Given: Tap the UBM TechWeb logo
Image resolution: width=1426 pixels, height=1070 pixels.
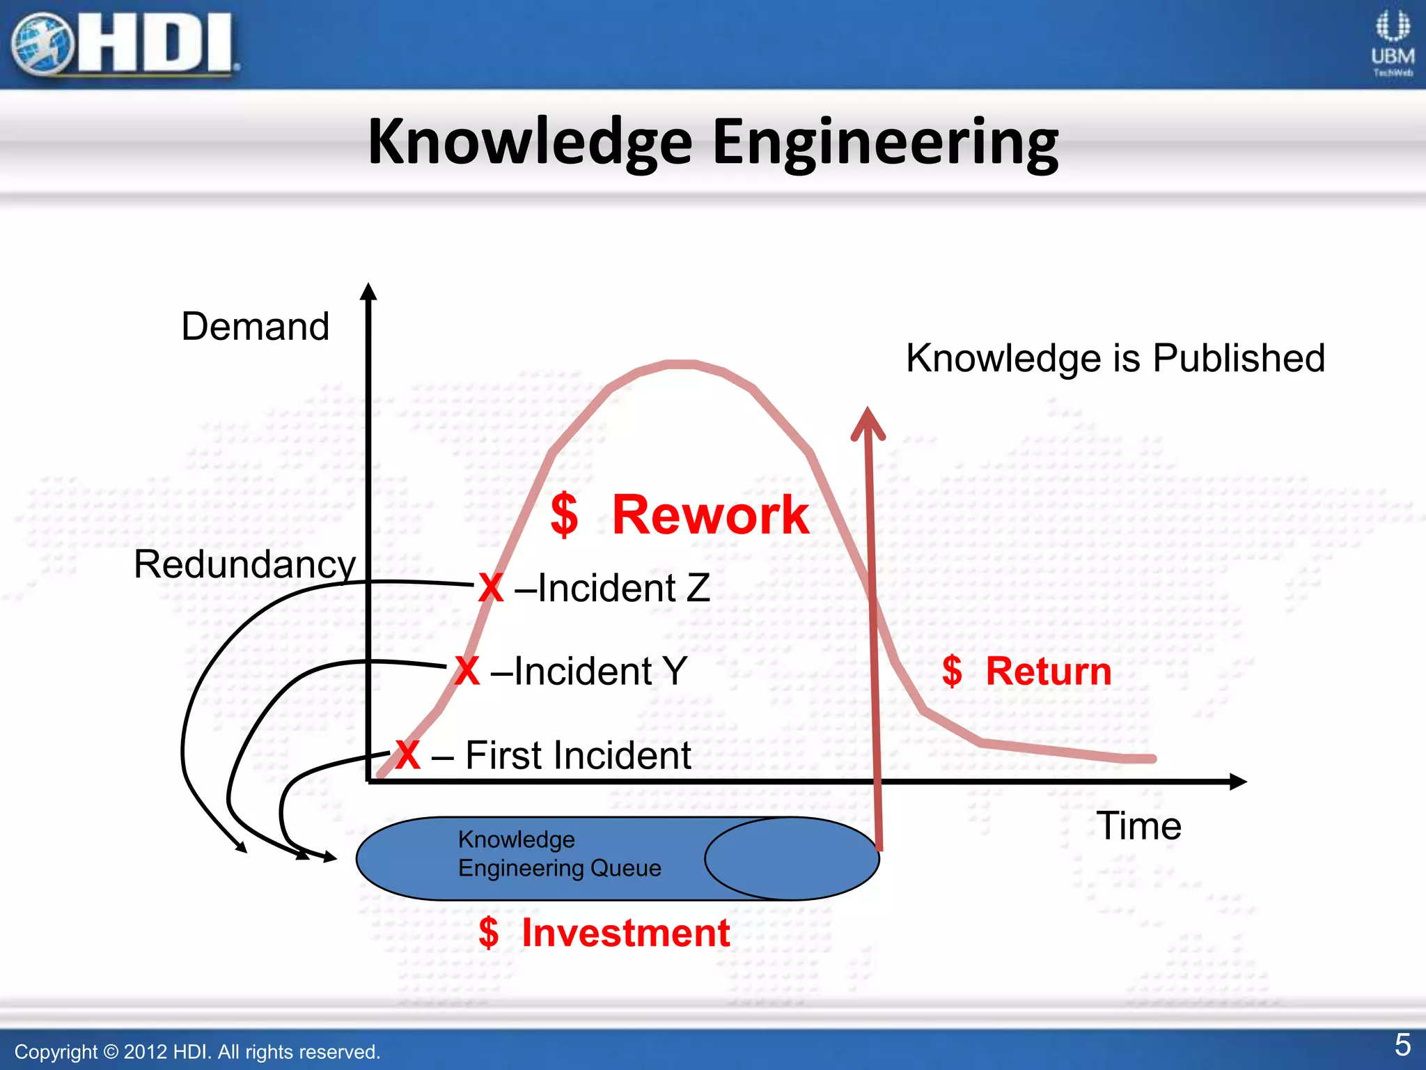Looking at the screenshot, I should click(1392, 43).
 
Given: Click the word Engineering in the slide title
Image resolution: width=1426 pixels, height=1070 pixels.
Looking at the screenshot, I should click(885, 143).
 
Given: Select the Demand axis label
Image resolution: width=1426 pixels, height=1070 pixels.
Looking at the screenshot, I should click(255, 326).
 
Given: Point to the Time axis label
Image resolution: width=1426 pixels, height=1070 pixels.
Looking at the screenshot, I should click(1139, 826).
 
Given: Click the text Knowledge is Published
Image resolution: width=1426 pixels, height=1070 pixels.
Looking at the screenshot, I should click(1115, 358).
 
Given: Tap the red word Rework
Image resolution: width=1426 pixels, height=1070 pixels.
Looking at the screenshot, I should click(710, 515).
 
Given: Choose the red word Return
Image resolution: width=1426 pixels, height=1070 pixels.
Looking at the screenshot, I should click(1048, 672).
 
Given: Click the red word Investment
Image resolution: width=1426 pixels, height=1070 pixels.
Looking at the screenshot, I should click(625, 933).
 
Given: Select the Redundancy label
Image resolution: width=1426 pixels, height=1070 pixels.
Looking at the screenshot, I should click(244, 564).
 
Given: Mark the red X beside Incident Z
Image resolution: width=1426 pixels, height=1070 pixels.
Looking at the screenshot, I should click(491, 588).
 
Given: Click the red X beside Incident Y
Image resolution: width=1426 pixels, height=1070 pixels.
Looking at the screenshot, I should click(467, 672).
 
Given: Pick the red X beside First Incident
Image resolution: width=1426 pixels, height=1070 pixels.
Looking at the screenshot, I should click(407, 755).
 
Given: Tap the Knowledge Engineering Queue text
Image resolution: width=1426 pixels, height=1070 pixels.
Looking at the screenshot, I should click(559, 854).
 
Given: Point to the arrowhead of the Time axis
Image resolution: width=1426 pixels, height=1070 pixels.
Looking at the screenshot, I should click(1238, 782).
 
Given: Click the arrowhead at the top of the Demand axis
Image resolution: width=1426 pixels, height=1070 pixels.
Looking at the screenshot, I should click(369, 292).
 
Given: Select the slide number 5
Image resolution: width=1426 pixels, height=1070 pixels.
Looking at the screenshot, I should click(1402, 1045).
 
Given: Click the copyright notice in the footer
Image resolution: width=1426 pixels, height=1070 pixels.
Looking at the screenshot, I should click(197, 1052).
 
